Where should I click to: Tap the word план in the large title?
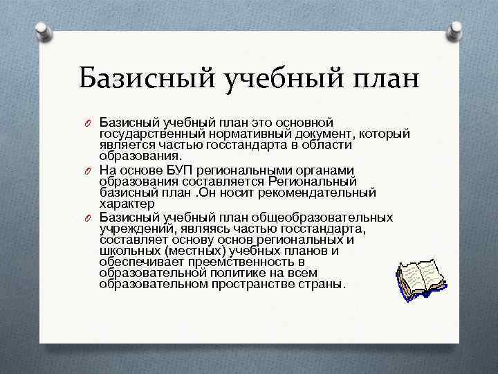point(383,78)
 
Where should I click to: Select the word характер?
point(127,206)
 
